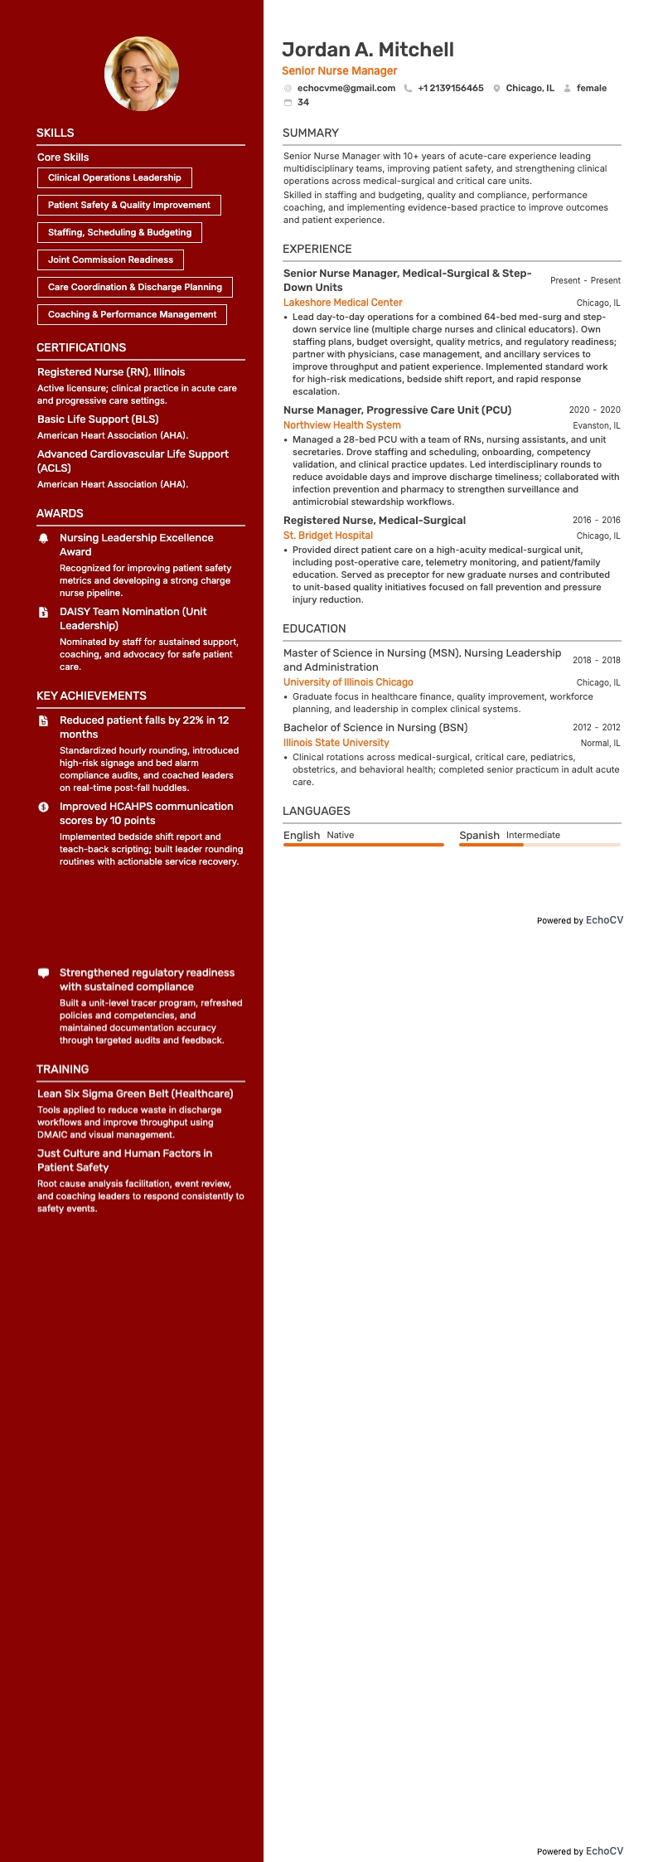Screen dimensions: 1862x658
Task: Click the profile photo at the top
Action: (x=142, y=74)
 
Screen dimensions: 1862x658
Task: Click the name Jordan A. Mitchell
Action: (x=368, y=50)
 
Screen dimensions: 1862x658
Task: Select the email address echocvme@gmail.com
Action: (x=346, y=88)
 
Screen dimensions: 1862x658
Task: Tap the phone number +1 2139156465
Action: (x=450, y=88)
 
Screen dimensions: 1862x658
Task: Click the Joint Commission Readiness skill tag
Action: (x=110, y=259)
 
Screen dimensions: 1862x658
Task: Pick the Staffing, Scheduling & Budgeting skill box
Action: (x=119, y=232)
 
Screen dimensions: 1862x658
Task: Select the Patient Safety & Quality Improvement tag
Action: (x=129, y=205)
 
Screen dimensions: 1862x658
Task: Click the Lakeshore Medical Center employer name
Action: (x=343, y=303)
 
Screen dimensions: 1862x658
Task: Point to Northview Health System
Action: (x=342, y=425)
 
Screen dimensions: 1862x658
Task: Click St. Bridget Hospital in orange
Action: (x=328, y=536)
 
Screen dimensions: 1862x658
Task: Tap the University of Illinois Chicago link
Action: (x=348, y=682)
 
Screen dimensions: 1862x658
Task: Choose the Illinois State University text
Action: (x=336, y=743)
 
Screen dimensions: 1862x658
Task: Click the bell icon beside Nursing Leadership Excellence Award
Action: (x=44, y=539)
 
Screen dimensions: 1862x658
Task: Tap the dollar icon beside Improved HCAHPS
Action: (x=44, y=807)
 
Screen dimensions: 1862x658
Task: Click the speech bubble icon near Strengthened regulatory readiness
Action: (x=44, y=973)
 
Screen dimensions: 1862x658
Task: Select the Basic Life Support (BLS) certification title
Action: (x=98, y=419)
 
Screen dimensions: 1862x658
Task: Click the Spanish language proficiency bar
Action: (x=539, y=845)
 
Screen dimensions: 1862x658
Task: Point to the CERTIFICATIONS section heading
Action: (x=81, y=347)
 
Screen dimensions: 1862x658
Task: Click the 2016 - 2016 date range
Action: (x=596, y=520)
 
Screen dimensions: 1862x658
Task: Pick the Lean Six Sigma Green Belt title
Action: (x=135, y=1093)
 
